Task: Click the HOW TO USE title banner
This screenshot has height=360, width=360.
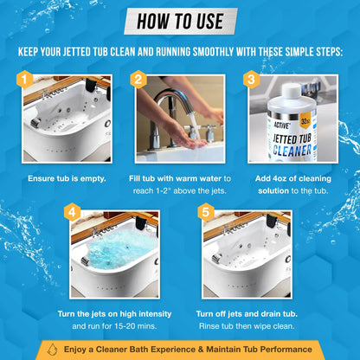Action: point(180,20)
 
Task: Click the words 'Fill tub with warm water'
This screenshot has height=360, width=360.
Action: point(179,178)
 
